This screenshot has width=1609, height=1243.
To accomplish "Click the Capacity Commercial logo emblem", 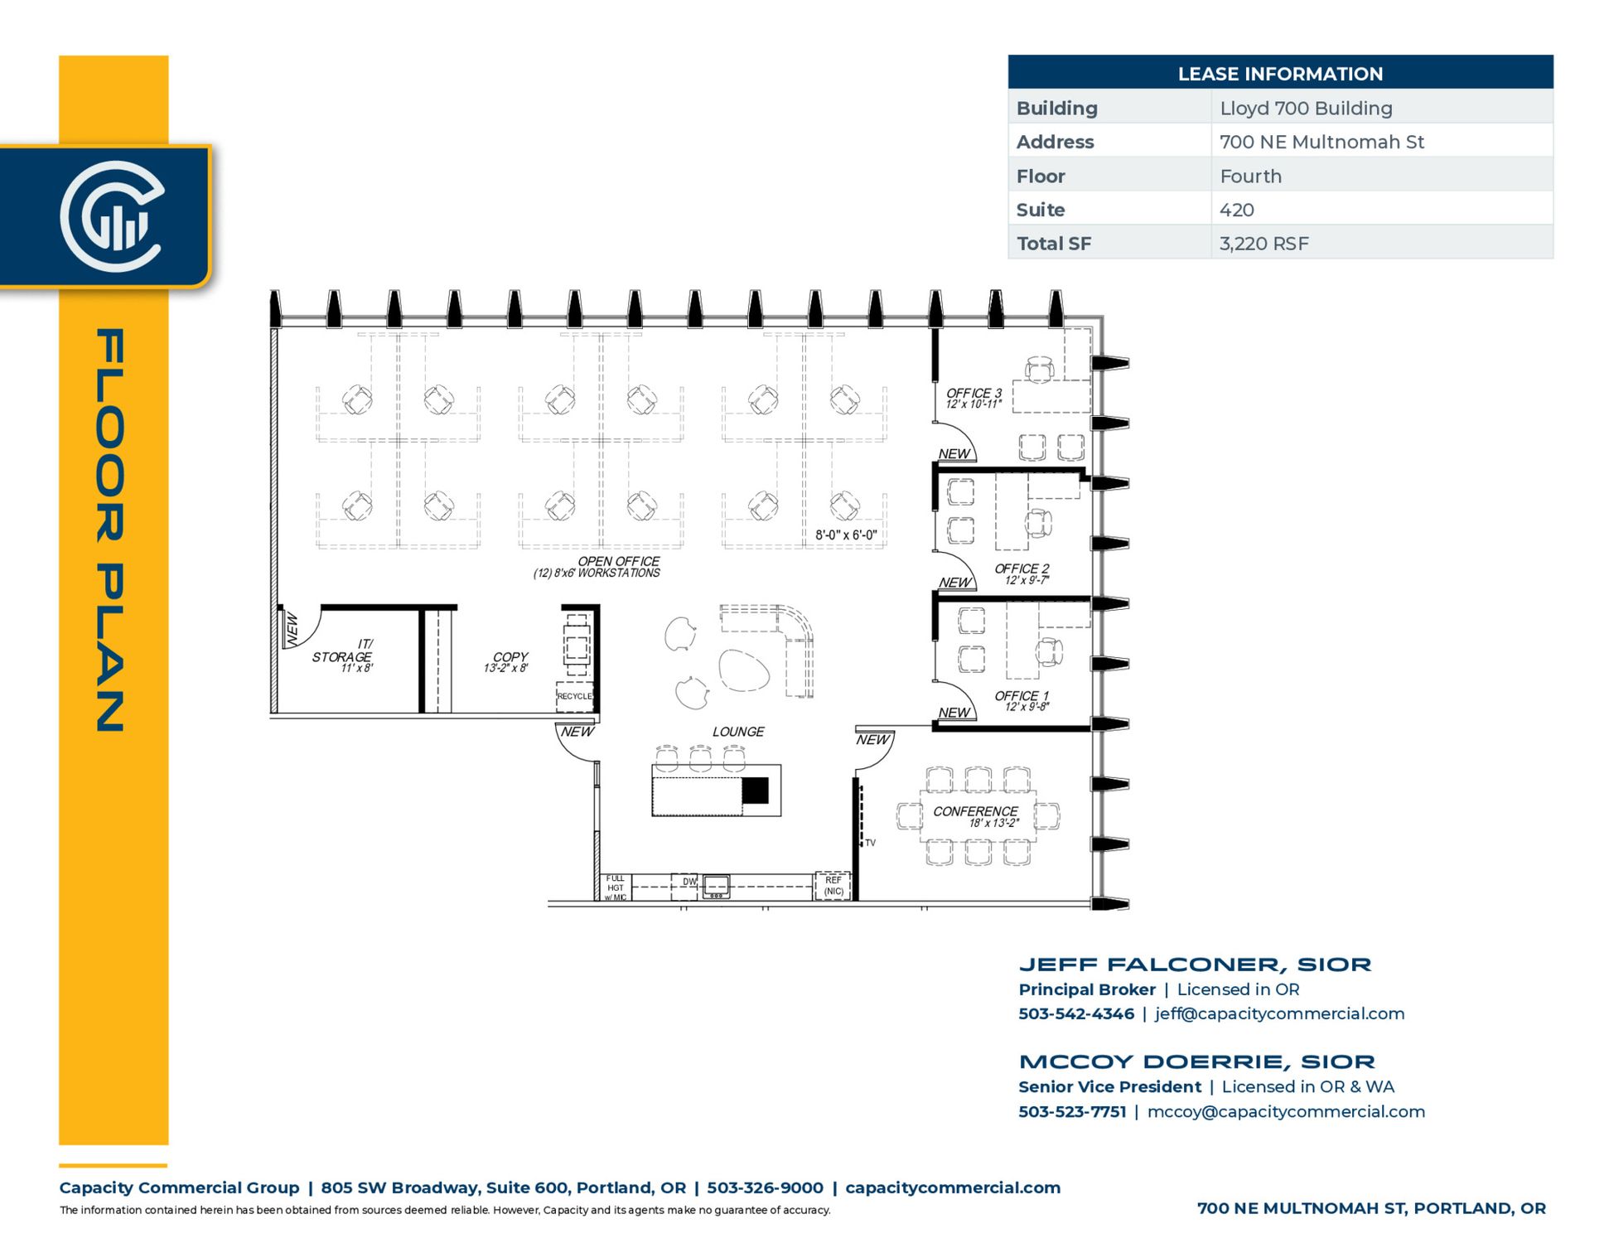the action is coord(112,216).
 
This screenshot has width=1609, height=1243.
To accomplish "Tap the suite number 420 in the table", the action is coord(1236,210).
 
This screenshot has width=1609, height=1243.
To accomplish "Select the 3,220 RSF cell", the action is coord(1264,244).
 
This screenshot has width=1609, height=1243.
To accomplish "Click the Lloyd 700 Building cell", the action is coord(1306,109).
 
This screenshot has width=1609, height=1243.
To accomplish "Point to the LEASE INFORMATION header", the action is coord(1280,74).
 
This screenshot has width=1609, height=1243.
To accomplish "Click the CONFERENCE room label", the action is coord(975,811).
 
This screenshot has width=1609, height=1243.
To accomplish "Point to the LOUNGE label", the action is coord(738,732).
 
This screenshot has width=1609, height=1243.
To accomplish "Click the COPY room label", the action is coord(510,657).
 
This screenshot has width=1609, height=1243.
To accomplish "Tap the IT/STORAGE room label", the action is coord(342,651).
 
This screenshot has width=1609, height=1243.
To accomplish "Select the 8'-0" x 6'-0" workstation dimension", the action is coord(846,535).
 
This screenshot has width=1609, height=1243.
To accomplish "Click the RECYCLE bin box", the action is coord(574,697).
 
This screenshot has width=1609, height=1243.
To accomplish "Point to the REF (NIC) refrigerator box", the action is coord(833,886).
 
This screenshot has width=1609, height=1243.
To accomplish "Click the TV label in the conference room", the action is coord(870,843).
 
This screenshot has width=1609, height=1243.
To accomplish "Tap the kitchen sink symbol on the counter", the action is coord(717,887).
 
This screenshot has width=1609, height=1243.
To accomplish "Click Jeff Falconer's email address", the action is coord(1279,1013).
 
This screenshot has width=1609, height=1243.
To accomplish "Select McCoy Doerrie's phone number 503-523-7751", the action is coord(1072,1112).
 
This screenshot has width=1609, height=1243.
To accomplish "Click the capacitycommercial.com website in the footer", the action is coord(953,1187).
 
